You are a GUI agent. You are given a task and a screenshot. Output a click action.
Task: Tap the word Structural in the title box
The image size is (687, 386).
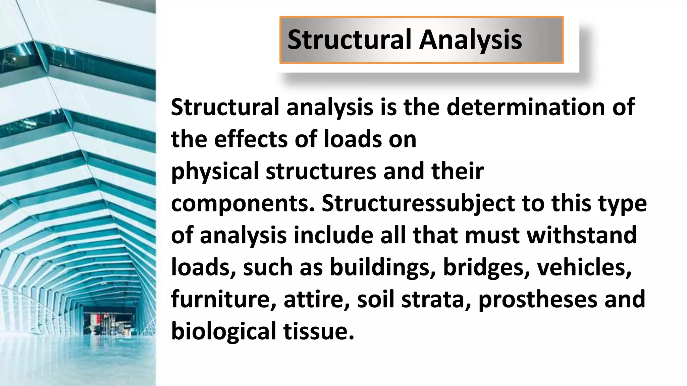coord(349,40)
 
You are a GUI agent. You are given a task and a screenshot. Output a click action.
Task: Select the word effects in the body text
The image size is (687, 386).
coord(251,139)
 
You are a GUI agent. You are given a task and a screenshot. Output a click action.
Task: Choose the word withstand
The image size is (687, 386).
coord(581,235)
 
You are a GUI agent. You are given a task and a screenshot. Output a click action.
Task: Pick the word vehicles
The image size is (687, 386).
coord(584,268)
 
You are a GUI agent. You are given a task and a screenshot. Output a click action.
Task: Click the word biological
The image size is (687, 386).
coord(223,331)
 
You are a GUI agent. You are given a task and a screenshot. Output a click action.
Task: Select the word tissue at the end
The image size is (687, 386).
coord(318,331)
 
